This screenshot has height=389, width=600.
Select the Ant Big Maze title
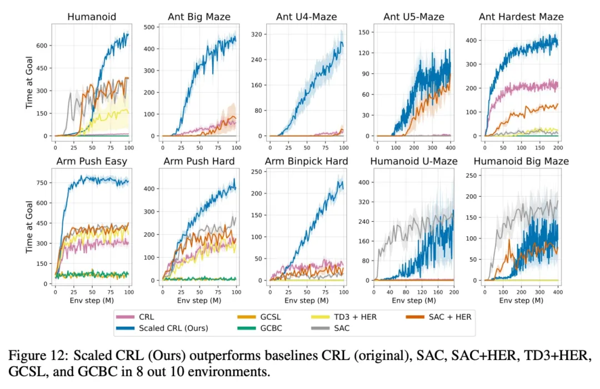[x=199, y=17]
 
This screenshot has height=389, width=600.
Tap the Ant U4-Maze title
[x=306, y=17]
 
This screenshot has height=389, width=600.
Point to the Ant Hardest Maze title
[x=521, y=17]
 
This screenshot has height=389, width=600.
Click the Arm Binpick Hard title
[x=306, y=162]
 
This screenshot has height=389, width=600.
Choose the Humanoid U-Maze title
[x=413, y=162]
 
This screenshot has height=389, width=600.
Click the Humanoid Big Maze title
[x=521, y=162]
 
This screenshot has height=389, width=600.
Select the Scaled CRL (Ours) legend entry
[x=172, y=328]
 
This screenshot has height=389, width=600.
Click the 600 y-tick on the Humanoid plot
[x=43, y=46]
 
